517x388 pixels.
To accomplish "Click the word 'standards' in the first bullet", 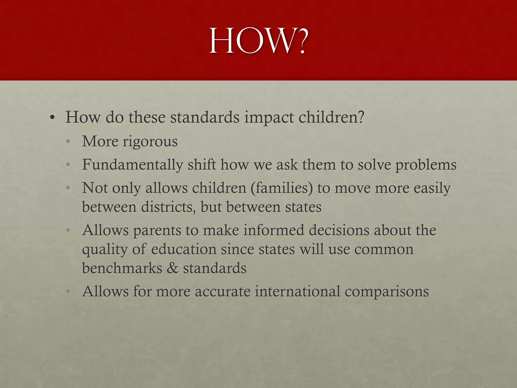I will click(x=205, y=117).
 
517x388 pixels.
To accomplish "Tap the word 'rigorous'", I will click(x=150, y=142).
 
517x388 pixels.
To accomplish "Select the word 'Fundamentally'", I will click(x=133, y=165).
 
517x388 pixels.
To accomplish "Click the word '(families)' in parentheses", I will click(x=282, y=188).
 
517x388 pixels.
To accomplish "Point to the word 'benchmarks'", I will click(x=122, y=268).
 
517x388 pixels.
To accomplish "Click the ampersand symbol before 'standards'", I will click(x=173, y=268).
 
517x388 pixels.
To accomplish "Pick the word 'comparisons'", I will click(x=386, y=292).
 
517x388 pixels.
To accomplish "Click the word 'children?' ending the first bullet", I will click(x=331, y=117).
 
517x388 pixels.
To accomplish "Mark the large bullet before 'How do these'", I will click(x=52, y=118).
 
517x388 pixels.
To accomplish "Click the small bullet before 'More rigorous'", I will click(x=68, y=142).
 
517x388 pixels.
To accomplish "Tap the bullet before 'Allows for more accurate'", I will click(x=68, y=292).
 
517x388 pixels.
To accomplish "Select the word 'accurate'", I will click(x=222, y=292).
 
